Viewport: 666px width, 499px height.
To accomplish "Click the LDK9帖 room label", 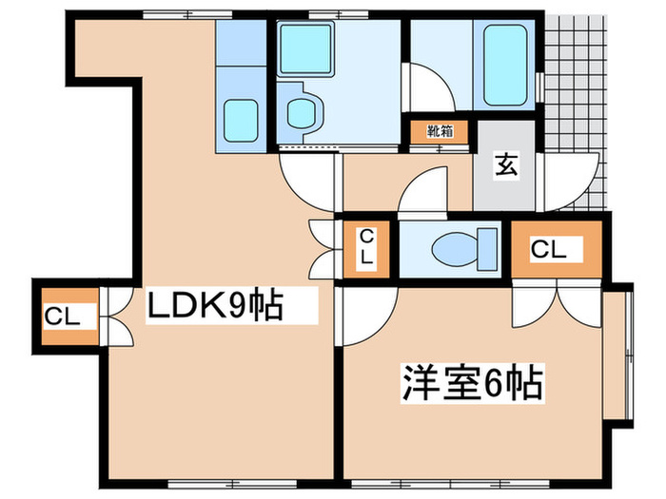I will (x=214, y=306).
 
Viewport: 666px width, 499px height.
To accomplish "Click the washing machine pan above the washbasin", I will (x=304, y=48).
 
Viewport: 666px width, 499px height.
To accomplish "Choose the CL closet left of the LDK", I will (x=65, y=317).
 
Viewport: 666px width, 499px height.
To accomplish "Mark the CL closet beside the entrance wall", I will (x=557, y=250).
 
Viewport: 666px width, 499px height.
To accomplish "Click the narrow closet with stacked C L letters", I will (x=365, y=250).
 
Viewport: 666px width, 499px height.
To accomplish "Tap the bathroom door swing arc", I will (x=433, y=86).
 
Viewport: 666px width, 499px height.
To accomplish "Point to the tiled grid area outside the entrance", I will (x=575, y=95).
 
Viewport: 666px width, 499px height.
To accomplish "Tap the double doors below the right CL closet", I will (x=557, y=302).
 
